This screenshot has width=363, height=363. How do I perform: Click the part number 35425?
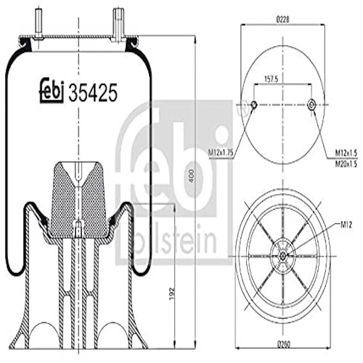[93, 93]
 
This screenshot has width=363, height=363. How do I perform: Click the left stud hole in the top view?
[255, 104]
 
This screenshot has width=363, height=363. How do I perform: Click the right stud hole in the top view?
[312, 104]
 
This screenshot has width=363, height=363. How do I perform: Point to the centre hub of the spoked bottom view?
[283, 256]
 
